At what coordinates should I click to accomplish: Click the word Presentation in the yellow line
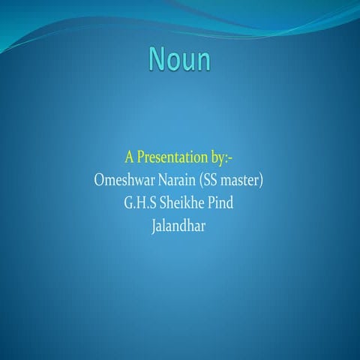coord(174,159)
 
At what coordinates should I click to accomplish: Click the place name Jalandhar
coord(178,223)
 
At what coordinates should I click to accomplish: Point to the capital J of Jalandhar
coord(154,224)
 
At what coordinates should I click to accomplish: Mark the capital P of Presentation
coord(142,158)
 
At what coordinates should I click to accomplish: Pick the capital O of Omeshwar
coord(101,180)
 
